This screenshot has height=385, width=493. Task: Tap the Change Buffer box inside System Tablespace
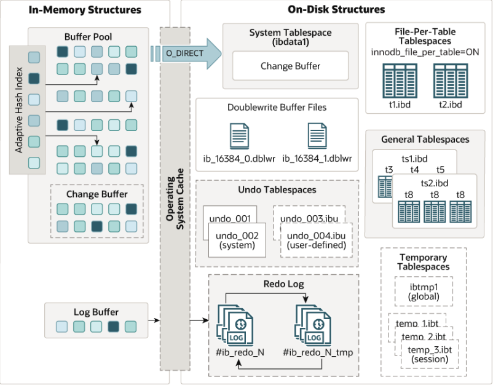[x=290, y=65]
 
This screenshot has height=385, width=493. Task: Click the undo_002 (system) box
[x=237, y=240]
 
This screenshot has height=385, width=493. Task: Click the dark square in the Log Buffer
[x=113, y=327]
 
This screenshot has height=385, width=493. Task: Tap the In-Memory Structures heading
[x=85, y=10]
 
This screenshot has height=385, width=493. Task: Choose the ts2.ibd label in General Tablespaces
[x=434, y=183]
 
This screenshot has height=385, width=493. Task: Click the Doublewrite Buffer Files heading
[x=277, y=107]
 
